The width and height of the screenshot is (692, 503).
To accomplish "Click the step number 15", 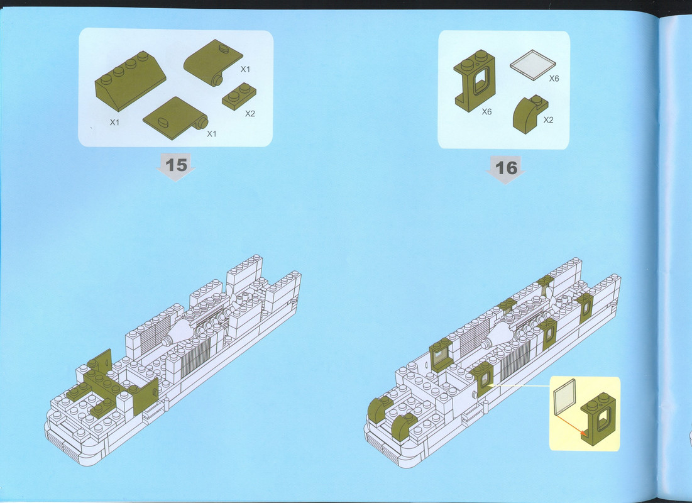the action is (x=176, y=165).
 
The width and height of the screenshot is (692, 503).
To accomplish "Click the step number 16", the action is (x=506, y=168).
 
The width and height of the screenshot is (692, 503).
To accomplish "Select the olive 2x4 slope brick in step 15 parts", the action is (x=130, y=81).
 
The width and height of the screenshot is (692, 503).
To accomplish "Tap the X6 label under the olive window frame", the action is (x=486, y=112).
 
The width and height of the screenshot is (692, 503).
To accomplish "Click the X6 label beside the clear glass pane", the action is (x=554, y=78).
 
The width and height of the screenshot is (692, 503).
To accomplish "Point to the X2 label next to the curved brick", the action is (x=548, y=119).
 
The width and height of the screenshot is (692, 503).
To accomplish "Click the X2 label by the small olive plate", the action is (x=250, y=114).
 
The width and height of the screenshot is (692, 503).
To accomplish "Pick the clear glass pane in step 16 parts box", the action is (x=533, y=65).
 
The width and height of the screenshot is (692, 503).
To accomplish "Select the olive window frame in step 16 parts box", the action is (x=475, y=81).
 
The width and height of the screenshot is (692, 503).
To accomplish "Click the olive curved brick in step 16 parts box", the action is (x=530, y=114).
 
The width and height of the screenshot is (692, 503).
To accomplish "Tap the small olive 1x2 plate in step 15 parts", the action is (x=239, y=96).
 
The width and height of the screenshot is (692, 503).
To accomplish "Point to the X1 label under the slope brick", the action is (x=114, y=123).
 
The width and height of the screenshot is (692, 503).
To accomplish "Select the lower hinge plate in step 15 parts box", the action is (x=175, y=118).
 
